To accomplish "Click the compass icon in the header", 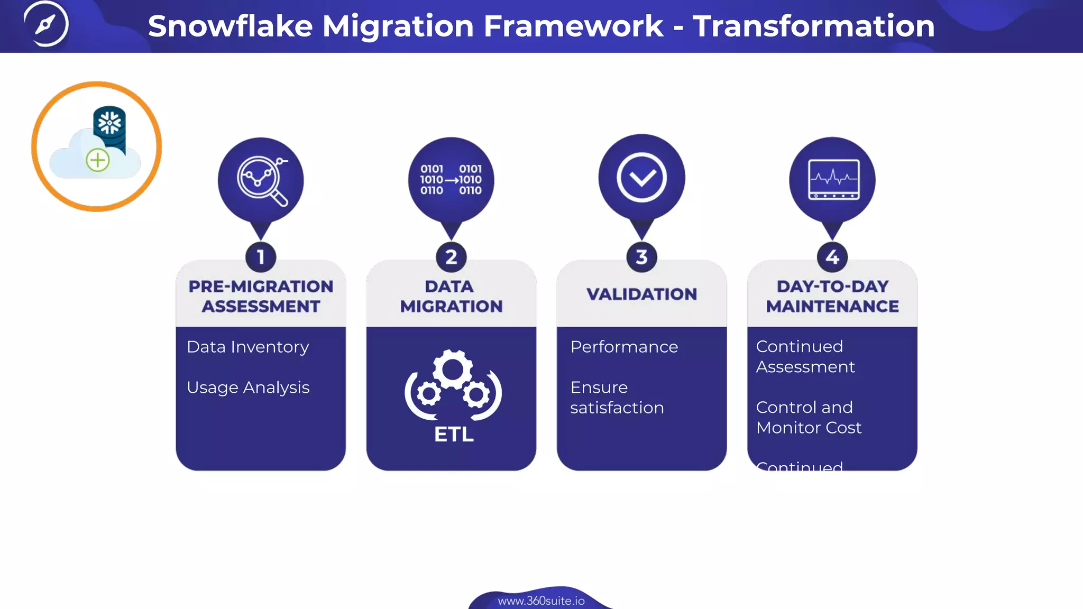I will pos(46,24).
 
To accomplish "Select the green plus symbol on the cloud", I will pos(98,160).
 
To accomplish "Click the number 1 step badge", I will pos(261,257).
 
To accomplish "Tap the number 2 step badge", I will pos(451,257).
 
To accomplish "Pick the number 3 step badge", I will pos(641,257).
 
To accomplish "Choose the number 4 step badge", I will pos(832,257).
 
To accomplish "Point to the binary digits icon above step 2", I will pos(451,180).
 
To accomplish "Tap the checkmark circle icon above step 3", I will pos(641,178).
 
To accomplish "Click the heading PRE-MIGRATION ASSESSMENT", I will pos(261,296).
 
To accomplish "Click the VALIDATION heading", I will pos(641,294).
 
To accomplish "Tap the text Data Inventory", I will pos(247,347).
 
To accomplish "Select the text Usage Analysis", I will pos(248,387).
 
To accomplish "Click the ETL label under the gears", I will pos(454,435).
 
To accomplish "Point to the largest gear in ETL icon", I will pos(453,370).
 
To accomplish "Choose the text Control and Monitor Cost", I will pos(808,417).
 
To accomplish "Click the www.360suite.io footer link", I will pos(541,601).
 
